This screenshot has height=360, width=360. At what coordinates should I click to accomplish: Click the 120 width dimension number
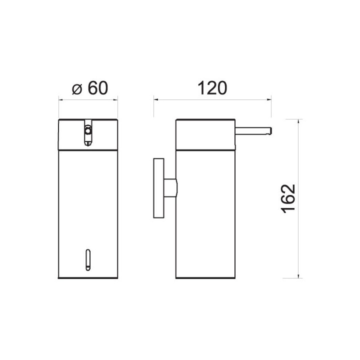coord(212,88)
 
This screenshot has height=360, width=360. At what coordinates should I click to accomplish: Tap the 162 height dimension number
coord(288,198)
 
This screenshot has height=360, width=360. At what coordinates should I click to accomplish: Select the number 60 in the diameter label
coord(98,88)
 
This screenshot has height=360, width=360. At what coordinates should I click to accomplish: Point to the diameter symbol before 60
coord(77,89)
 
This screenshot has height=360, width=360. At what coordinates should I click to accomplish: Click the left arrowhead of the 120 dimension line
coord(156,99)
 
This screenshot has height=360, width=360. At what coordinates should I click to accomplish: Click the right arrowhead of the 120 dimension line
coord(269,99)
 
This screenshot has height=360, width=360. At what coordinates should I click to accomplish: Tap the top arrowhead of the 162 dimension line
coord(298,121)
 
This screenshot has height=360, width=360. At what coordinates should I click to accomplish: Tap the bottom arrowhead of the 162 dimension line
coord(298,275)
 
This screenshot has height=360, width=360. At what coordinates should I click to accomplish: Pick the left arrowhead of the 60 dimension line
coord(61,99)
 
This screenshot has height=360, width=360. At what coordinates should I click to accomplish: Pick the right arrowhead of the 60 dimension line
coord(115,99)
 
